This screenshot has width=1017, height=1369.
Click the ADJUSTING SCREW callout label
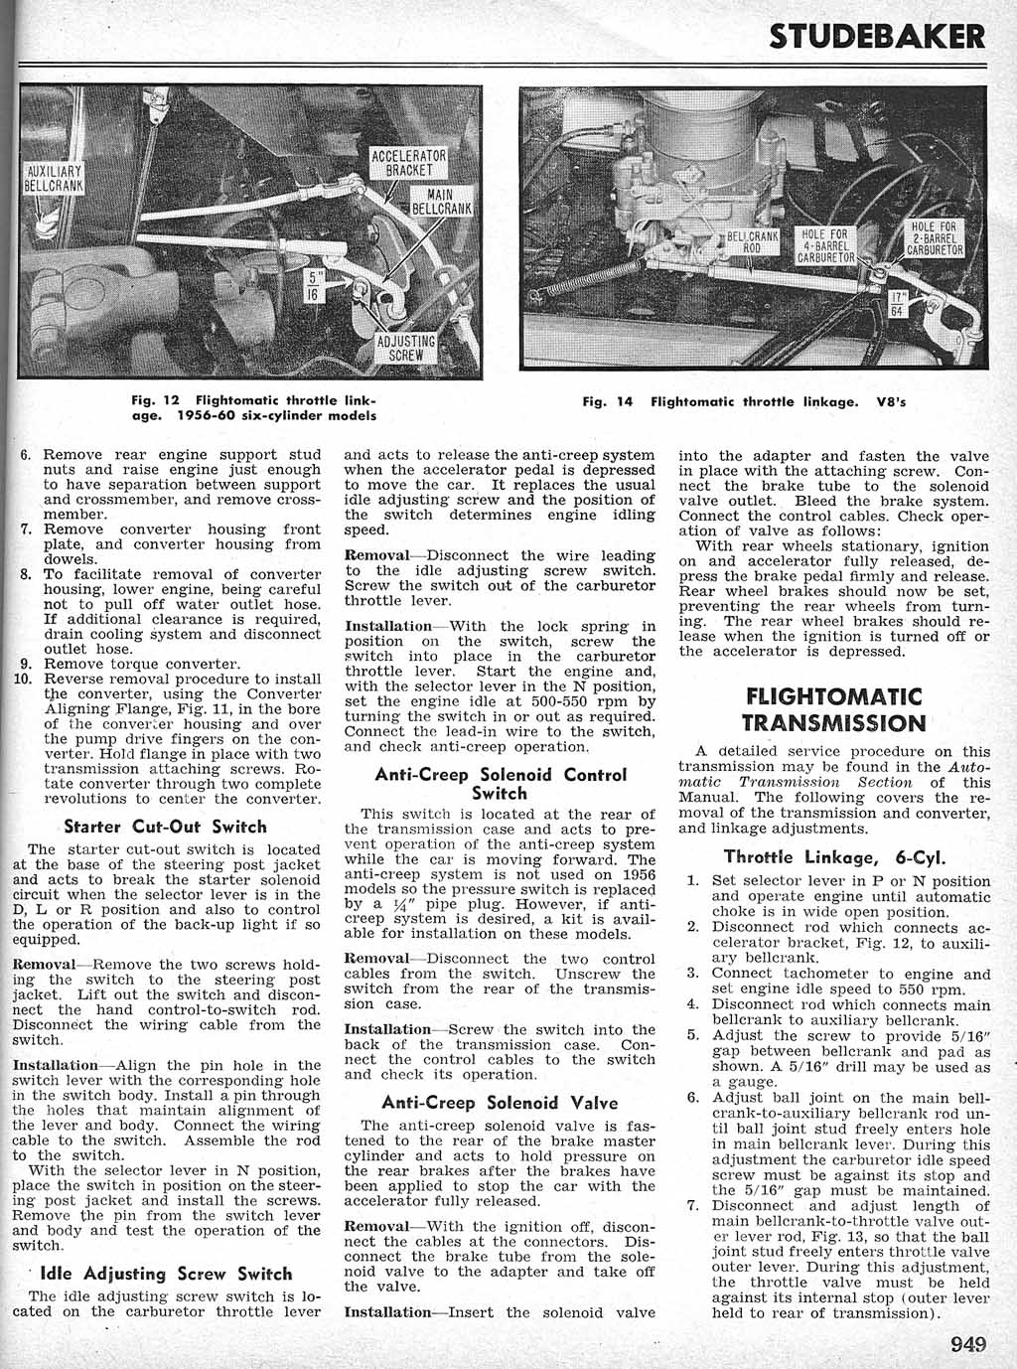(410, 347)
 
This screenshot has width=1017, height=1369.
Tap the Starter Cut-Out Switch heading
(165, 827)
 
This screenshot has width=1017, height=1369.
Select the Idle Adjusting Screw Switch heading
(165, 1274)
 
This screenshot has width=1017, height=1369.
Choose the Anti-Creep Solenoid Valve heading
(500, 1103)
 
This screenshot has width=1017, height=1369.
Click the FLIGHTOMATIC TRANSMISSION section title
(833, 708)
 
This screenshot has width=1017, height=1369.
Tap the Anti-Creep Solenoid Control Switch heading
(500, 784)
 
